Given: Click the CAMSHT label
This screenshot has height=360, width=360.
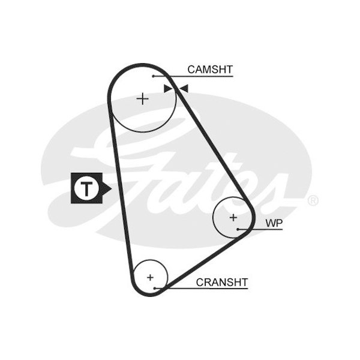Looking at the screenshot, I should tap(209, 70).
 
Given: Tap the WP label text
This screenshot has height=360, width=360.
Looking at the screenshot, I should tap(274, 223).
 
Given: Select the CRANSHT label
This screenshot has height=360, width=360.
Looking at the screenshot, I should tap(221, 281).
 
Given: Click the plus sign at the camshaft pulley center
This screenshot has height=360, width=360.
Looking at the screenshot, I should tap(143, 98).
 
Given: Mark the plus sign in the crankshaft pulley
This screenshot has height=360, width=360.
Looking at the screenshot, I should tap(150, 277).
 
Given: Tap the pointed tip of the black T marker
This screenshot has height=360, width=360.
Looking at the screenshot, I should tap(110, 188).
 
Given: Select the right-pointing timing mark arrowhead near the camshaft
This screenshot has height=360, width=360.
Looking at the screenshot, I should tap(168, 89).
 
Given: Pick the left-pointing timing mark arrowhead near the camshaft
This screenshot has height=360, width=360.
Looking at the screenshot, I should tap(184, 89).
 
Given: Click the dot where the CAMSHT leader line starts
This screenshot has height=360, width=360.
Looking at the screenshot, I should tap(154, 76).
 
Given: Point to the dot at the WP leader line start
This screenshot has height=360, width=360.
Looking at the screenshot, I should tap(238, 229).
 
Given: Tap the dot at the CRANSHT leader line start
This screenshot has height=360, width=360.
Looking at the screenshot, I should tap(155, 288).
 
